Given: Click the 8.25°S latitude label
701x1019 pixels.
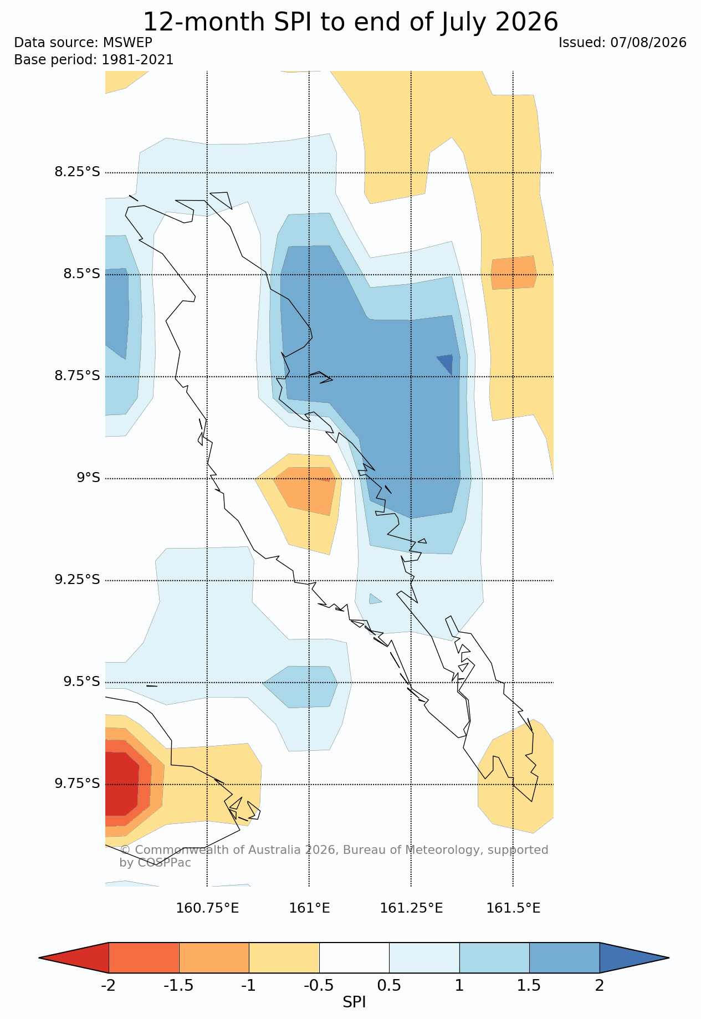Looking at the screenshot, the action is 77,172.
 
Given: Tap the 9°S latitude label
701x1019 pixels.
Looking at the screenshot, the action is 88,478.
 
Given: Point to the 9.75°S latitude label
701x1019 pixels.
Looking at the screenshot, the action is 77,784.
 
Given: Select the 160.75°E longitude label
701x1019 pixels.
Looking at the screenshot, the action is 207,908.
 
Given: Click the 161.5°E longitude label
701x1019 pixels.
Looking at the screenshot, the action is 513,908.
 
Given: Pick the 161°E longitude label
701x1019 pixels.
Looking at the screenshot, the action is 309,908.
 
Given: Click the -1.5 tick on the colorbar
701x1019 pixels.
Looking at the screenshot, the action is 179,986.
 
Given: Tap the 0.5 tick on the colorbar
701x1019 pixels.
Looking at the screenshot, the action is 389,986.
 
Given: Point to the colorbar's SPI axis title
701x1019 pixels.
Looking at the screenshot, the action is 354,1002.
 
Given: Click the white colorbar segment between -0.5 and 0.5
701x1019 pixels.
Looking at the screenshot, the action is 354,957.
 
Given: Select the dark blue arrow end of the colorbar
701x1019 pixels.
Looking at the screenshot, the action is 634,957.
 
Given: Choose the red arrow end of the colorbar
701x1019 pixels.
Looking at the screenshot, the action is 74,957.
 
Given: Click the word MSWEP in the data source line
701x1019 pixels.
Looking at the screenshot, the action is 127,43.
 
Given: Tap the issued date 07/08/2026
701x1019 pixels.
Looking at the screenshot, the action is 648,43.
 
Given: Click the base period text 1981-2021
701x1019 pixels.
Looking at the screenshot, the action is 137,60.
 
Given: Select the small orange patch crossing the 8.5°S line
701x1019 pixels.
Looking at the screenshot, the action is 514,273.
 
